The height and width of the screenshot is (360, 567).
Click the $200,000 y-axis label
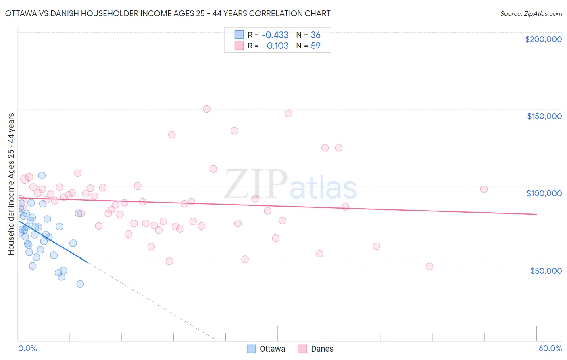click(543, 39)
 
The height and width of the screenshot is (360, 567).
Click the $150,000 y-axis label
click(544, 116)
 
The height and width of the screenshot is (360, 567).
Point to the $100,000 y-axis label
click(544, 193)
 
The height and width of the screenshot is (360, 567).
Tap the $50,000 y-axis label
click(546, 271)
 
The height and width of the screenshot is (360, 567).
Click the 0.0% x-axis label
click(27, 348)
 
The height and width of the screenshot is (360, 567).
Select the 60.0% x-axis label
click(550, 348)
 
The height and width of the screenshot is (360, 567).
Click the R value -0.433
click(275, 35)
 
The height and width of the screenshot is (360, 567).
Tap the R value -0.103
click(275, 46)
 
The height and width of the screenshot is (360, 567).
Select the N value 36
click(315, 35)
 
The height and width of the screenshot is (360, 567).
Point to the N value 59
click(315, 46)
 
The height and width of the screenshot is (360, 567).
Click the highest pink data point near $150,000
click(206, 109)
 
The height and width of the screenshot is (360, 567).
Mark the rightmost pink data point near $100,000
click(484, 189)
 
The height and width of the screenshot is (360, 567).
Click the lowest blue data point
click(80, 284)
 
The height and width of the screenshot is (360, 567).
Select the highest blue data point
click(42, 176)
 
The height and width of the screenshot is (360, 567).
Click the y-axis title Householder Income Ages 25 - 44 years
click(11, 184)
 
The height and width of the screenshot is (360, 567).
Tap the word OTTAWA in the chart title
click(23, 14)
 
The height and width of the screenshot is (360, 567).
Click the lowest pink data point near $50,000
click(429, 266)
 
